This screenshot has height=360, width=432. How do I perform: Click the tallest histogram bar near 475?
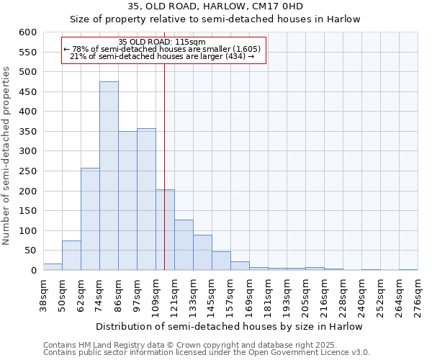[x=109, y=176]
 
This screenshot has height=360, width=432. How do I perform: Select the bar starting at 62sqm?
[x=90, y=220]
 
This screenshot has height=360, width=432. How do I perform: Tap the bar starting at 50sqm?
[x=71, y=256]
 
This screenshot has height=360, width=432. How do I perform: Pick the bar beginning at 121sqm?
[x=184, y=245]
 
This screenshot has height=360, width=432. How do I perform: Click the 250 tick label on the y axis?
[x=28, y=172]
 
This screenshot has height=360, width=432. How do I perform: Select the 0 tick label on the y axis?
[x=33, y=271]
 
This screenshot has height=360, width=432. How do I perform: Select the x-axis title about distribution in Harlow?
[x=229, y=327]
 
